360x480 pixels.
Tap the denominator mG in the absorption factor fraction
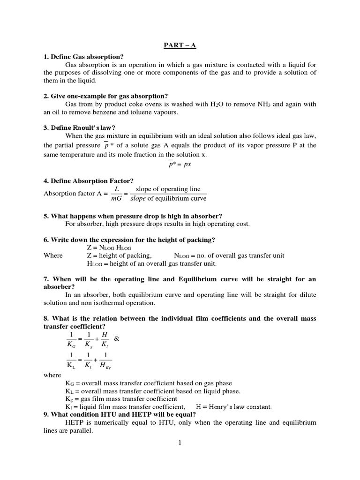pyautogui.click(x=117, y=198)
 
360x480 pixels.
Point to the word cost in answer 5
pyautogui.click(x=242, y=224)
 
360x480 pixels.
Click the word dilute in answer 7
pyautogui.click(x=307, y=294)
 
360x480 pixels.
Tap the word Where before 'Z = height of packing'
pyautogui.click(x=52, y=255)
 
